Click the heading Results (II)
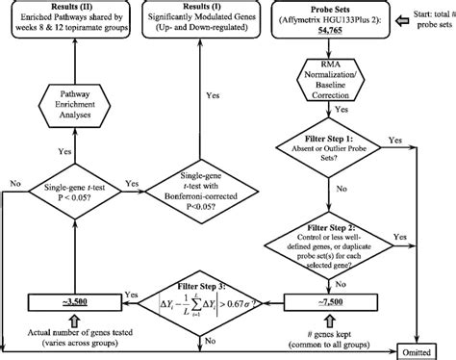click(x=70, y=8)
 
